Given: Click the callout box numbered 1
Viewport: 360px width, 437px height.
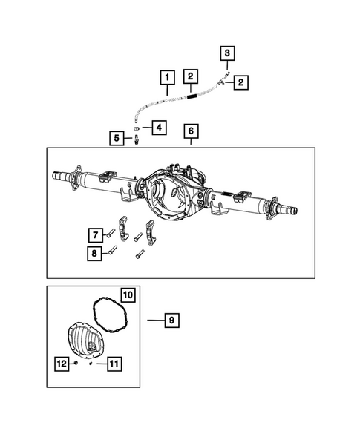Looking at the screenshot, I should click(x=168, y=77).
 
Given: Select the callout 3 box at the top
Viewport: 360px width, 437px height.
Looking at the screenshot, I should click(x=228, y=53).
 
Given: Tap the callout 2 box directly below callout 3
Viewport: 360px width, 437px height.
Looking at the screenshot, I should click(x=241, y=82).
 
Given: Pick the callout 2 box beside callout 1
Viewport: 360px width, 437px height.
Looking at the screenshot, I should click(x=191, y=76).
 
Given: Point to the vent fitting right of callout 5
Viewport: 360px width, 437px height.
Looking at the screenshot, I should click(x=137, y=139).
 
